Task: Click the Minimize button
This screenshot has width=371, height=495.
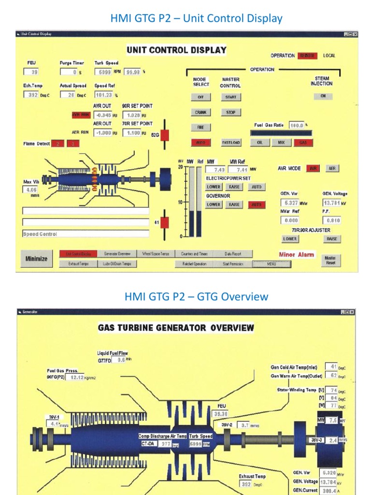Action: [36, 259]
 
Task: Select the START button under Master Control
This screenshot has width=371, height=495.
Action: [231, 97]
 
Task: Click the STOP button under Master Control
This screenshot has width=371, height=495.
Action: [231, 112]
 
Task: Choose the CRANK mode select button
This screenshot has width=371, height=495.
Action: [200, 112]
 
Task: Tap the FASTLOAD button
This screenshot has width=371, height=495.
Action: [231, 143]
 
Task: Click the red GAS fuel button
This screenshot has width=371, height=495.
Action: [303, 143]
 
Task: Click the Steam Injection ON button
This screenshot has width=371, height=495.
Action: [323, 96]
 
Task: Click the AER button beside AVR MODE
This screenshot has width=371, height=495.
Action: [332, 169]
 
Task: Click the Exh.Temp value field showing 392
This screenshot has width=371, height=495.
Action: [31, 95]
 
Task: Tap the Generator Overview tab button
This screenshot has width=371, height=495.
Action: [117, 254]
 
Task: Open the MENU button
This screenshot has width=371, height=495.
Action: [272, 264]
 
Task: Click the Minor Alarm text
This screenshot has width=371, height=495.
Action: [296, 255]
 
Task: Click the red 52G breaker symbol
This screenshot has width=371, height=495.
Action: [164, 136]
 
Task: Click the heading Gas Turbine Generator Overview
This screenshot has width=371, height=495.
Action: [176, 328]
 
